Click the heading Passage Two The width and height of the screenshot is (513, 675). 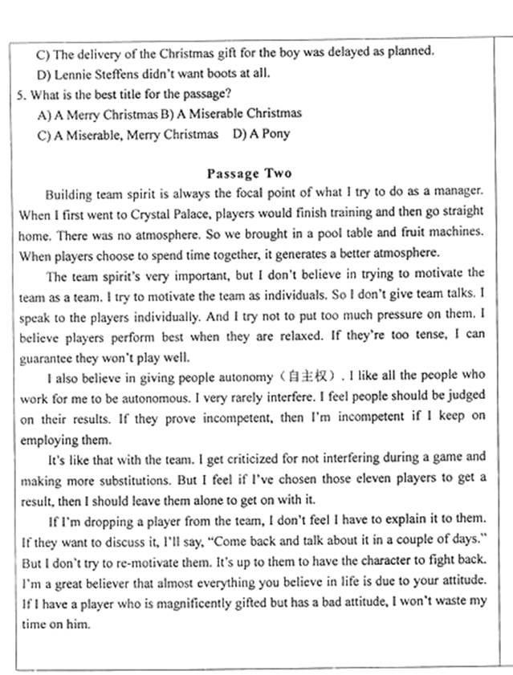(250, 173)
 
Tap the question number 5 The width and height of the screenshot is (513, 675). (20, 94)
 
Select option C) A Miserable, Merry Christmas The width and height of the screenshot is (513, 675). (128, 134)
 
